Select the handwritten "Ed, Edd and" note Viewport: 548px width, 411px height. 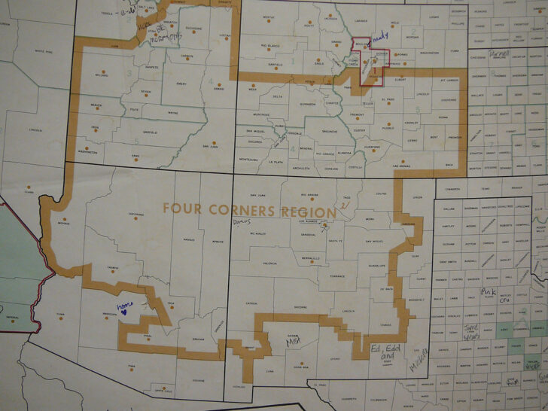coord(385,349)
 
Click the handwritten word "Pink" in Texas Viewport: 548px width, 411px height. coord(487,291)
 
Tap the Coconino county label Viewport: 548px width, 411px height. coord(135,215)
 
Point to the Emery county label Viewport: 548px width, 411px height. coord(181,84)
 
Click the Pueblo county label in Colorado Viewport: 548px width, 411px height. coord(388,128)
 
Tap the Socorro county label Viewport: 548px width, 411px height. coord(300,307)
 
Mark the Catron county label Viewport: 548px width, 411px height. coord(251,303)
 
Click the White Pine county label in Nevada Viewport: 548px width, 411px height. coord(44,52)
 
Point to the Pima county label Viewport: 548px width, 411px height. coord(131,366)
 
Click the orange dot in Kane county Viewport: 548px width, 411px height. coord(136,150)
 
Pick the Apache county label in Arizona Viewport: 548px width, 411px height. coord(218,240)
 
